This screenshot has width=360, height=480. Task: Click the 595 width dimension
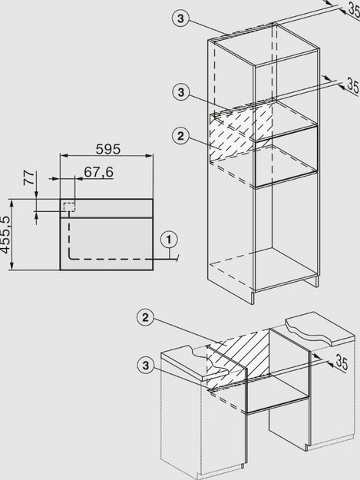pyautogui.click(x=108, y=149)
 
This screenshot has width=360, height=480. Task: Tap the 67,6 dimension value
pyautogui.click(x=98, y=172)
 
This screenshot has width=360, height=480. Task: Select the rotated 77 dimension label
pyautogui.click(x=29, y=178)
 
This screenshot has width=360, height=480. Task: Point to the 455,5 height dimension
pyautogui.click(x=5, y=235)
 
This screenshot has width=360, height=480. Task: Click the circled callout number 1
pyautogui.click(x=169, y=240)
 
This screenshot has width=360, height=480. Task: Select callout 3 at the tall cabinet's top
pyautogui.click(x=180, y=18)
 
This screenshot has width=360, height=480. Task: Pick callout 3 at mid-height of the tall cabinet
pyautogui.click(x=181, y=92)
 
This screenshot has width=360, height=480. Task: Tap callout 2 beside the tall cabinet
pyautogui.click(x=180, y=136)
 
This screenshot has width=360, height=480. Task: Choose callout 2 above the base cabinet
pyautogui.click(x=145, y=317)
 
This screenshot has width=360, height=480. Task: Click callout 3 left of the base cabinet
pyautogui.click(x=146, y=366)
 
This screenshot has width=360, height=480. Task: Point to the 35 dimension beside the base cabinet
pyautogui.click(x=342, y=362)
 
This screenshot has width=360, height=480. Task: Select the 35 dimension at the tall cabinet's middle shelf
pyautogui.click(x=352, y=86)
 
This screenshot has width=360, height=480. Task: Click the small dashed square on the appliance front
pyautogui.click(x=69, y=207)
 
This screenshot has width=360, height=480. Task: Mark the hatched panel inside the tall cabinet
pyautogui.click(x=240, y=131)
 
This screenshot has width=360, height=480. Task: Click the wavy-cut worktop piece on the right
pyautogui.click(x=319, y=329)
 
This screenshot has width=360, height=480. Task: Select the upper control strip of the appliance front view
pyautogui.click(x=107, y=208)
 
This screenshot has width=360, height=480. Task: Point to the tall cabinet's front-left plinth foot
pyautogui.click(x=253, y=297)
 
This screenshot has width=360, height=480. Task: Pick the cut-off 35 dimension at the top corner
pyautogui.click(x=354, y=10)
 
